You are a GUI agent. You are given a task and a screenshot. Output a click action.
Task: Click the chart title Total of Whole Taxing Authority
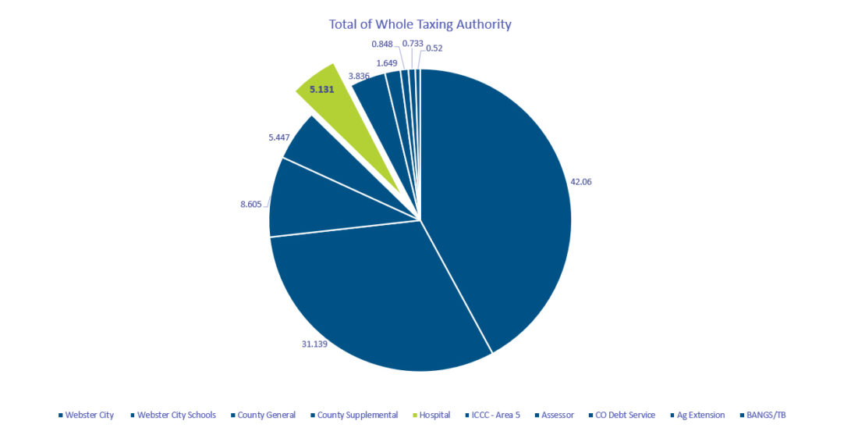[420, 24]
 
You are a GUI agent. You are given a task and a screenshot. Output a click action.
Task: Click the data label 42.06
[582, 181]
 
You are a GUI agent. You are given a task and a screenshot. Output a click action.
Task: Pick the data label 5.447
[278, 137]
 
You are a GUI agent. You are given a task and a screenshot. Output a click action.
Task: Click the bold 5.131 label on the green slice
[321, 89]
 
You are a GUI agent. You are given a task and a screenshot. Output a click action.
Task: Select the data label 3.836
[359, 76]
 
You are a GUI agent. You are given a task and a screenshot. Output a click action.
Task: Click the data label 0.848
[382, 44]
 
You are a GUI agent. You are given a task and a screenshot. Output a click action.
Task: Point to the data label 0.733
[412, 44]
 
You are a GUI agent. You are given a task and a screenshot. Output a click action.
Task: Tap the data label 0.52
[434, 48]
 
